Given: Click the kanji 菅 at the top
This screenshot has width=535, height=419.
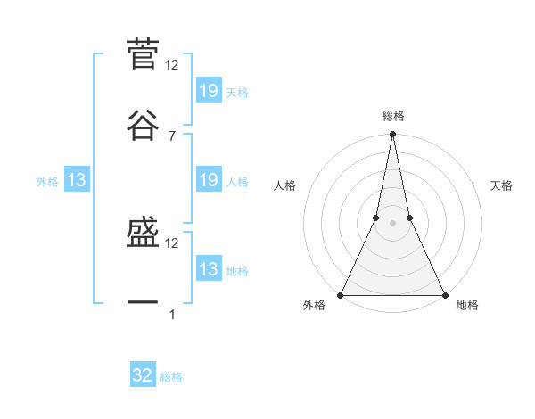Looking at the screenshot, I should [x=143, y=54].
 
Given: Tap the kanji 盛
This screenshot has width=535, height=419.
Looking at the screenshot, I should [x=143, y=233].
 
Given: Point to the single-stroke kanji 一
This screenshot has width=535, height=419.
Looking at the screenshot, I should [x=143, y=303].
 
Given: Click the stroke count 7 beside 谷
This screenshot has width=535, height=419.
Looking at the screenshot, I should [x=171, y=136].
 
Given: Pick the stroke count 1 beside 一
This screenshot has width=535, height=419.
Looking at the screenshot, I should [x=171, y=315].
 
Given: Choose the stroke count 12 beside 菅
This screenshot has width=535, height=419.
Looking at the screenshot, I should [x=172, y=65].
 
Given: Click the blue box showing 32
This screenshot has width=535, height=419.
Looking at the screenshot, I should [x=143, y=376].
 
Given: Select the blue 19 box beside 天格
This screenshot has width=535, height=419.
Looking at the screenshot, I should [x=208, y=91].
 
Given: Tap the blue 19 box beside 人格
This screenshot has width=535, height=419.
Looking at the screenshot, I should [x=208, y=181].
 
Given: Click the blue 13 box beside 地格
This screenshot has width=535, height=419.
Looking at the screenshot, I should [x=208, y=270].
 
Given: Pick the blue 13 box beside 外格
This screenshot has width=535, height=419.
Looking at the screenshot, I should [x=77, y=181].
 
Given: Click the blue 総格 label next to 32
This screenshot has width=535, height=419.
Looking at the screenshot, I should [x=171, y=377].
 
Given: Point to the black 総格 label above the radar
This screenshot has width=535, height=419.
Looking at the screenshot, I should [x=392, y=116].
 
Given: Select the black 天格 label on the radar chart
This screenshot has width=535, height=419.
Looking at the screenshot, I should [x=501, y=185].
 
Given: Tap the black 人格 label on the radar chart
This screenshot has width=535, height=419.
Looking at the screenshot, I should [x=284, y=185].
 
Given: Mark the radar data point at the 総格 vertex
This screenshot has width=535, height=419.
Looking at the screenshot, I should [x=392, y=135].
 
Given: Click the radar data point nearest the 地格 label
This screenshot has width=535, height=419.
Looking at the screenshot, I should [x=444, y=295].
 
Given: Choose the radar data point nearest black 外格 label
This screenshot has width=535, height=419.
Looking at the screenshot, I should [x=341, y=295].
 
